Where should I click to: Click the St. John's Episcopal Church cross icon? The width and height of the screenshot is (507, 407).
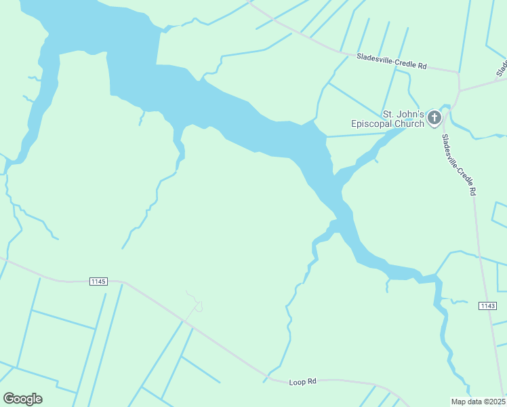tap(434, 118)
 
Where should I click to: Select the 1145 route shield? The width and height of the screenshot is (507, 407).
tap(98, 281)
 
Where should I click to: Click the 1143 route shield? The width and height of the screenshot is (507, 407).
tap(487, 306)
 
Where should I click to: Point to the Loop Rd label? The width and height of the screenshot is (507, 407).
tap(302, 382)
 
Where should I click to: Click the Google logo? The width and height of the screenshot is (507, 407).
tap(22, 399)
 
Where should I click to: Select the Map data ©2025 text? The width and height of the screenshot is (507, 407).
tap(478, 401)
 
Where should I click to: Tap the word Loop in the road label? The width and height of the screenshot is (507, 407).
tap(296, 382)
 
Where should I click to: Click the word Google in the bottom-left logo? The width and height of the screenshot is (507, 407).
tap(22, 399)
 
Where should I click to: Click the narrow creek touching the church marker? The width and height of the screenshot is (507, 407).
tap(445, 109)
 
